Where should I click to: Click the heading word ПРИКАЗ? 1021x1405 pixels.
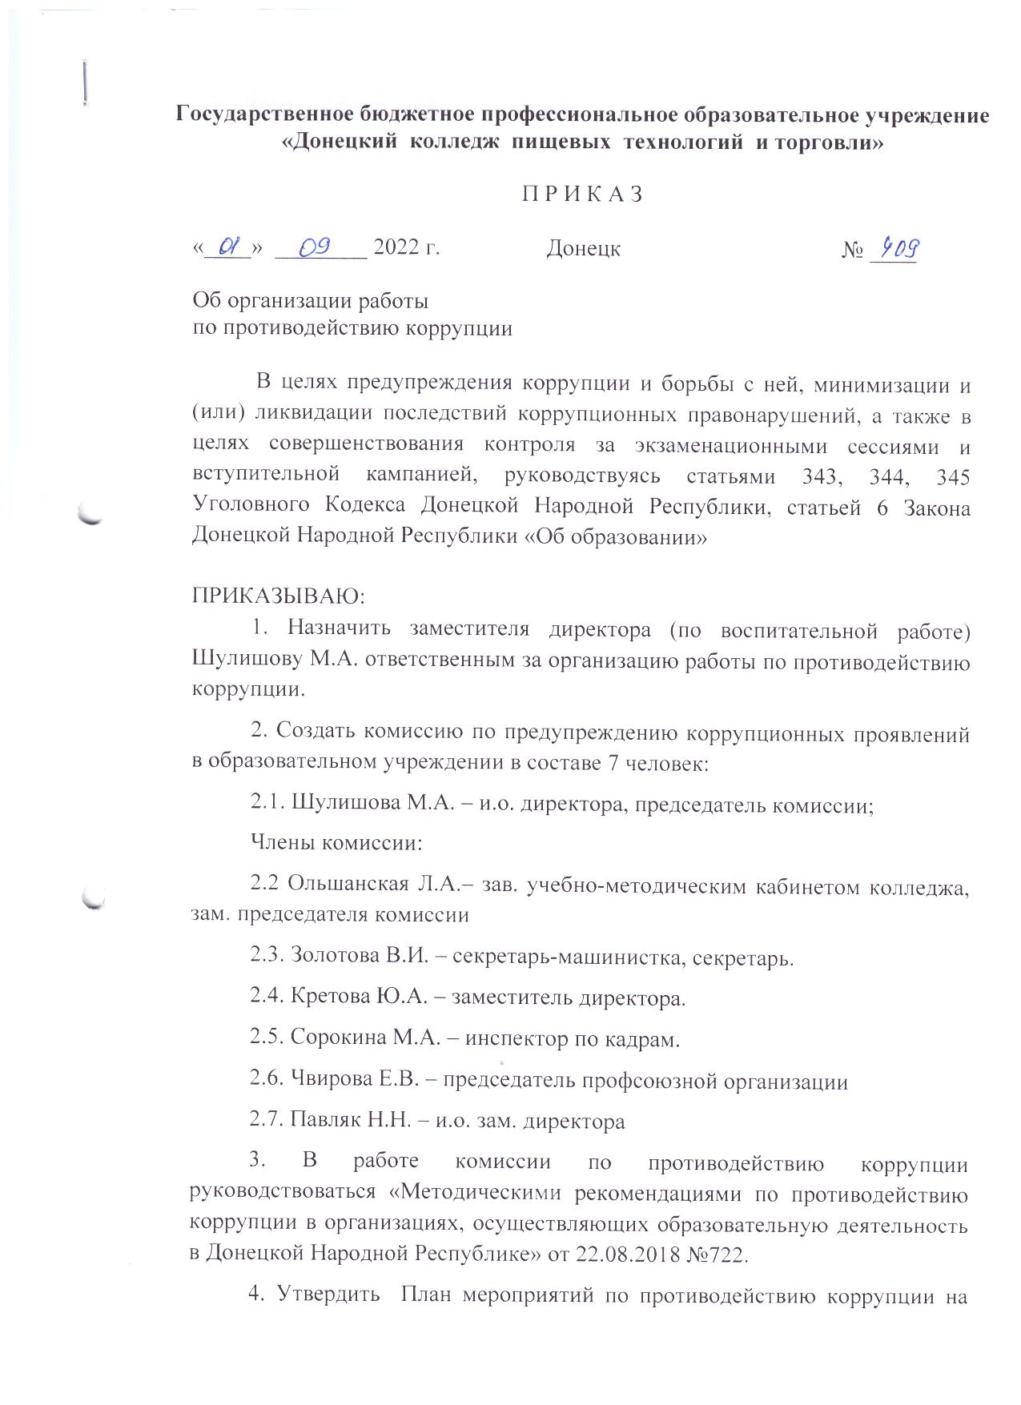583,195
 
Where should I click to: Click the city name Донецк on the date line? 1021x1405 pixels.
584,249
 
